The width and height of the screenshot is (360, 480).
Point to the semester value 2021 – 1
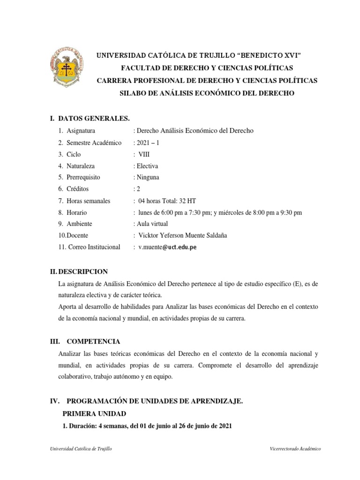[x=148, y=142]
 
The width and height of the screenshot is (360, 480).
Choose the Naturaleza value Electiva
[x=147, y=166]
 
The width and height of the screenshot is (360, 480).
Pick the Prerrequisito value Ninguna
[x=148, y=177]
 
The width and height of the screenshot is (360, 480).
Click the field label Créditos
[x=78, y=189]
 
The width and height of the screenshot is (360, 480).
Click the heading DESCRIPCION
[x=82, y=271]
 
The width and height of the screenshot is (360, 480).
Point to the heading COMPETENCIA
[x=93, y=341]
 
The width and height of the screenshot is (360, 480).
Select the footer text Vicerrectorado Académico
[x=295, y=449]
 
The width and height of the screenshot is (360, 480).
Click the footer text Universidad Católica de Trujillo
[x=81, y=449]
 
